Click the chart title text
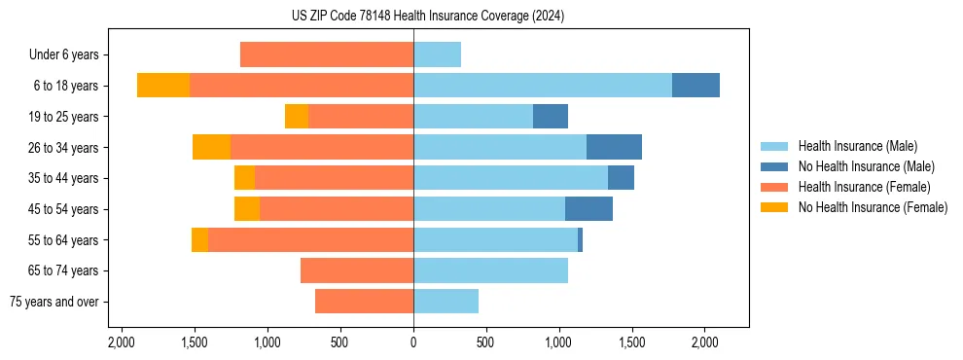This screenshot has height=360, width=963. pos(427,16)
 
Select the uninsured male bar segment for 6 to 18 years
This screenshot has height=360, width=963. pos(695,86)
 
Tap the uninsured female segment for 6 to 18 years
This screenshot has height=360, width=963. pos(163,86)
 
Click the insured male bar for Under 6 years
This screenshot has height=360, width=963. pos(437,54)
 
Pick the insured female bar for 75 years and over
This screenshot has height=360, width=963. pos(364,302)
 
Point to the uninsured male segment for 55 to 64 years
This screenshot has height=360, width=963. pos(580,240)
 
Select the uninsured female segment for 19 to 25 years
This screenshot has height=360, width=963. pos(297,117)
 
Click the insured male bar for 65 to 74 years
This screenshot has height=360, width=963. pos(490,270)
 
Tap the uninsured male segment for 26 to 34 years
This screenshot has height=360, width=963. pos(614,147)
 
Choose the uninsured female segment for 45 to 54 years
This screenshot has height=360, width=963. pos(247,209)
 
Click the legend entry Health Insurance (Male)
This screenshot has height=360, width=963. pos(857,146)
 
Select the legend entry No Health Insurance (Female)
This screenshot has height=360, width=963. pos(873,207)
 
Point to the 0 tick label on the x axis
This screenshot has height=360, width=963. pos(413,342)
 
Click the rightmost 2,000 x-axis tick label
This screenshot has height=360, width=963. pos(705,342)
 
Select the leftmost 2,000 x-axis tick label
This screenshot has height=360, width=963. pos(122,342)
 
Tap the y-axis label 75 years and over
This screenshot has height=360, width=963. pos(54,303)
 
